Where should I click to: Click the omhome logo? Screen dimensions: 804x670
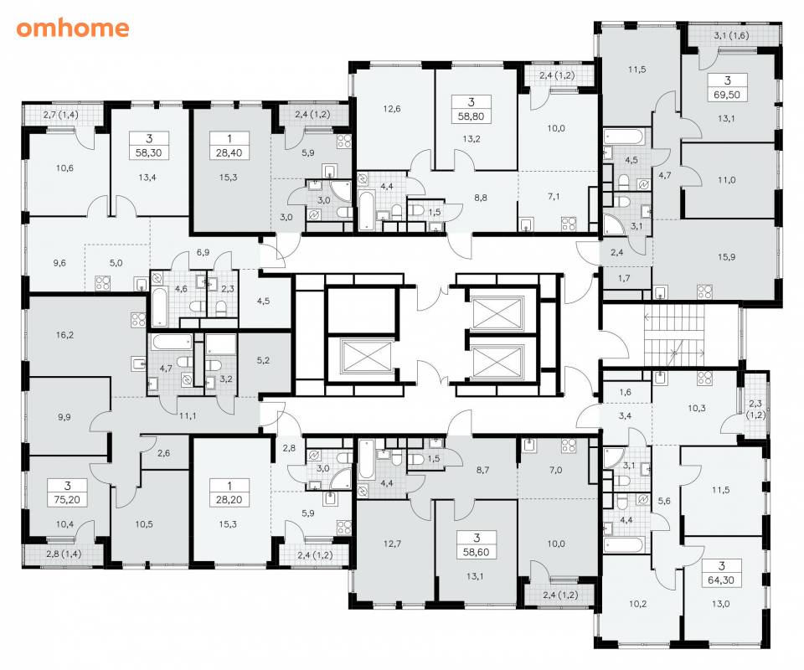72,28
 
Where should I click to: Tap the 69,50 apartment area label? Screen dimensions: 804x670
727,95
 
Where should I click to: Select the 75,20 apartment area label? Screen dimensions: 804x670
67,500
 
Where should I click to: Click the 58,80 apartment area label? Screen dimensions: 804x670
472,116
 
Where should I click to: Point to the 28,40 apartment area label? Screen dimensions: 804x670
229,152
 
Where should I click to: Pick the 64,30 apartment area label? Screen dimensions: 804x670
721,580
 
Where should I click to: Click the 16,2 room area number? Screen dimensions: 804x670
64,335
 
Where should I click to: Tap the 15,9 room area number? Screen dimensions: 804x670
727,257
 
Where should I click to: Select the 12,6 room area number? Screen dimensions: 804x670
392,109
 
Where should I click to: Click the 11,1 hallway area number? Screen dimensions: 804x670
188,416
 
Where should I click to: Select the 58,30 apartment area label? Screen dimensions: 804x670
149,152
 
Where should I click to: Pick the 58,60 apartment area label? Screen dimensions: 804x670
477,552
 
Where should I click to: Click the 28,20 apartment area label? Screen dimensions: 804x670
229,500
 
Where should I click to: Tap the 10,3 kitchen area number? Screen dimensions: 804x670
696,409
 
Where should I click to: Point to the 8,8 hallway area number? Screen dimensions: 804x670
481,198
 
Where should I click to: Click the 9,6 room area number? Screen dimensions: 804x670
59,263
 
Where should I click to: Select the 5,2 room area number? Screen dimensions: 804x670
263,360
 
